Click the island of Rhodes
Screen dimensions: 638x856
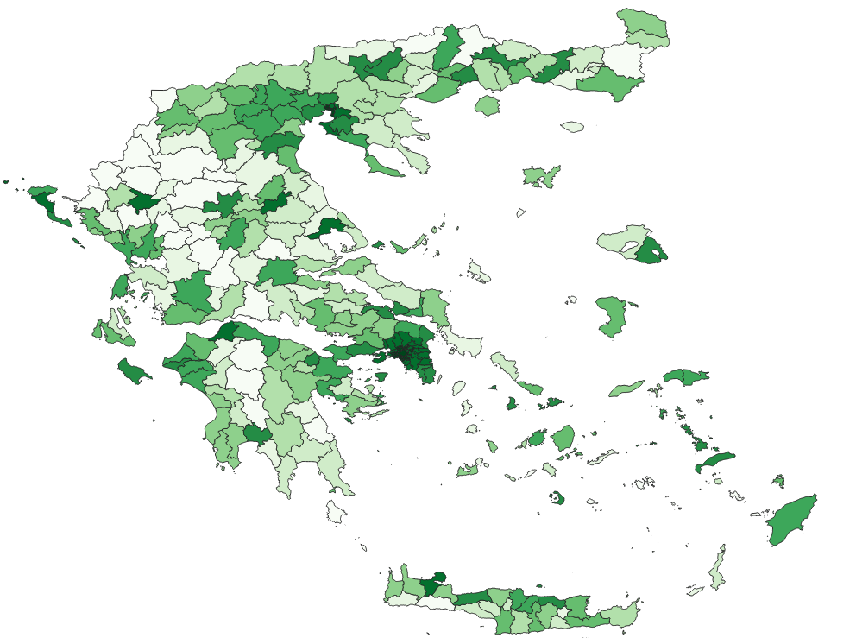click(x=792, y=521)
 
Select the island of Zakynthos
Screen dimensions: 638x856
click(x=134, y=371)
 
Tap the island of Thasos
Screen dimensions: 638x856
click(x=488, y=105)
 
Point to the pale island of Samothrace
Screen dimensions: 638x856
click(x=572, y=127)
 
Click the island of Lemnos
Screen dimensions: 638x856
click(x=541, y=176)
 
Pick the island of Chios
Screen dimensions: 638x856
click(x=612, y=316)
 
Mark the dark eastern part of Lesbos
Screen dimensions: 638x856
click(x=651, y=251)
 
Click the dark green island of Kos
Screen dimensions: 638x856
click(x=714, y=462)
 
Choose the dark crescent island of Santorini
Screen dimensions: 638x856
click(x=557, y=497)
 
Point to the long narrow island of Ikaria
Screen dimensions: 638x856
click(x=626, y=388)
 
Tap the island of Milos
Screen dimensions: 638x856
click(x=469, y=469)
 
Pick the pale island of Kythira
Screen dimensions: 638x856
click(x=337, y=513)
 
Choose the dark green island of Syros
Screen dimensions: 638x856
click(x=511, y=403)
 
